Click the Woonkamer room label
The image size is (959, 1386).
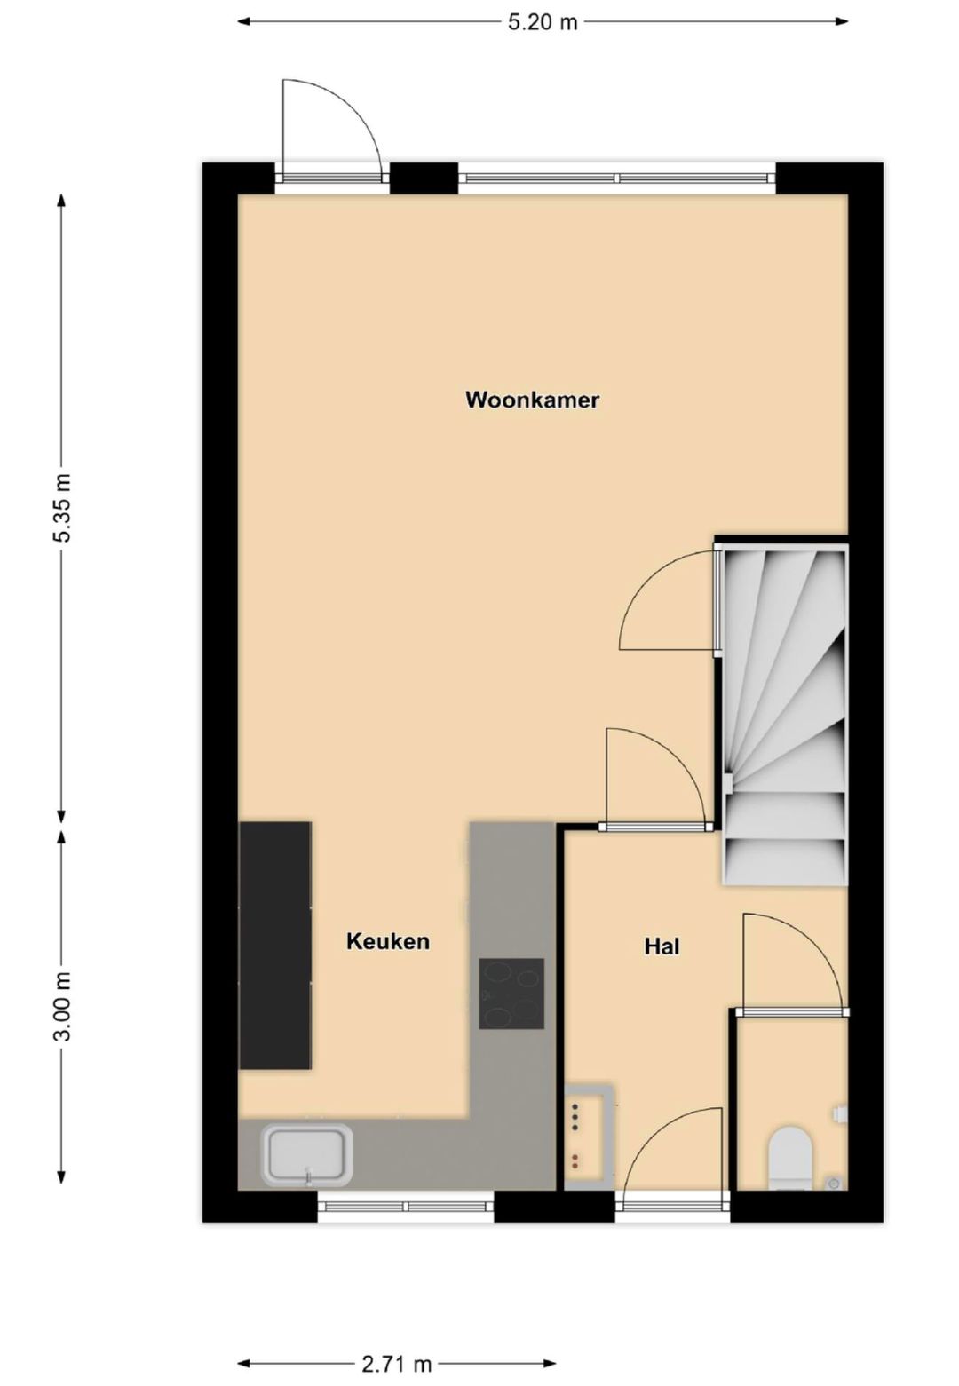click(532, 400)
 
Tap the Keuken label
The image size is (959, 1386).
click(388, 941)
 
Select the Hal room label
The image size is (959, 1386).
click(662, 946)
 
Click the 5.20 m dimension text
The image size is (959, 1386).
click(543, 22)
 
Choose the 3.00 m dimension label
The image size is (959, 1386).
click(61, 1008)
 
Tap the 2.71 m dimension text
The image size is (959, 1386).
click(396, 1364)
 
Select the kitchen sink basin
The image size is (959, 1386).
click(306, 1154)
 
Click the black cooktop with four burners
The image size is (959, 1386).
click(511, 994)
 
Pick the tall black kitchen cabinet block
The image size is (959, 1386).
click(275, 945)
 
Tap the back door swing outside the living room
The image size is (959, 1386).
click(329, 129)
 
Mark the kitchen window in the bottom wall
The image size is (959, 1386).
click(406, 1205)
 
